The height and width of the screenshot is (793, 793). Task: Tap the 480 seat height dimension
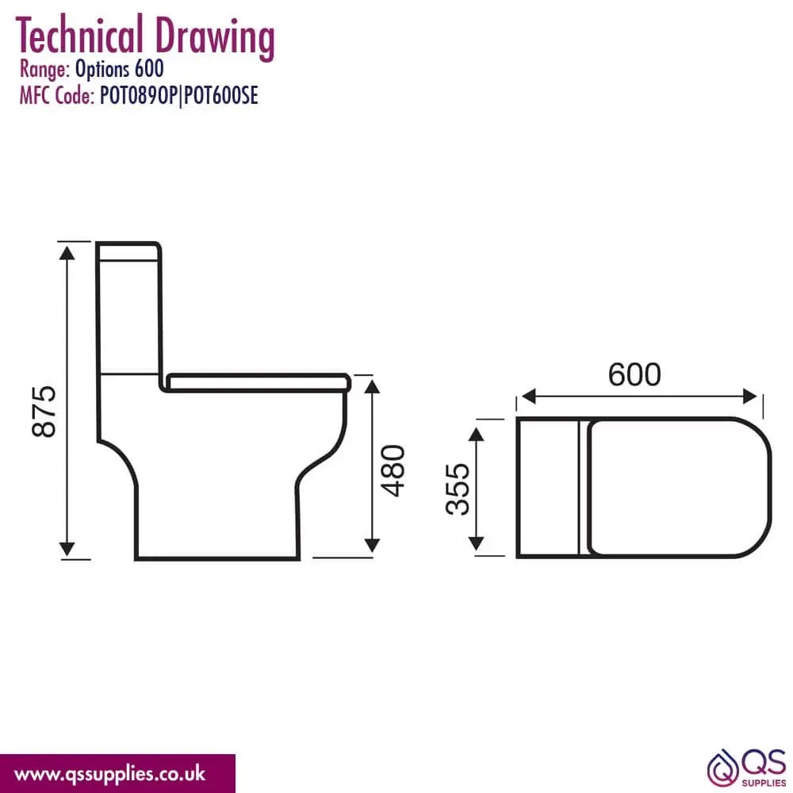tap(393, 470)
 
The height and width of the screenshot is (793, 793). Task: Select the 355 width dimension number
tap(458, 489)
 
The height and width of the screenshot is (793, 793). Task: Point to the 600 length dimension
tap(634, 374)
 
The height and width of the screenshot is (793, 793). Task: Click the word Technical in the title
tap(79, 35)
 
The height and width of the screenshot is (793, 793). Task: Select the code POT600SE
tap(221, 94)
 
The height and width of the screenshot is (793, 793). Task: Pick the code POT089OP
tap(137, 94)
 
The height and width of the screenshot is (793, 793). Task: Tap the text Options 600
tap(120, 69)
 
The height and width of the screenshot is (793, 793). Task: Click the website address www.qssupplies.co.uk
tap(109, 774)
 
